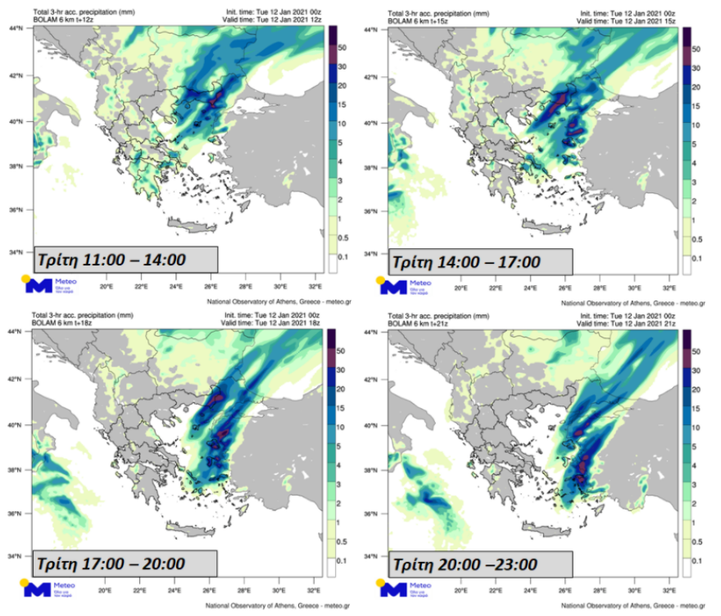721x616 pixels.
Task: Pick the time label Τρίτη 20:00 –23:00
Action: pos(465,564)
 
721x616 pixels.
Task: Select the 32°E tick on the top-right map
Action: pos(669,289)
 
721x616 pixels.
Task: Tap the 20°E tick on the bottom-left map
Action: pos(106,591)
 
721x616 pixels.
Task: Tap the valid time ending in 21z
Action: pos(628,324)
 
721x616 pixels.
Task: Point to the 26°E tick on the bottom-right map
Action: pos(565,591)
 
